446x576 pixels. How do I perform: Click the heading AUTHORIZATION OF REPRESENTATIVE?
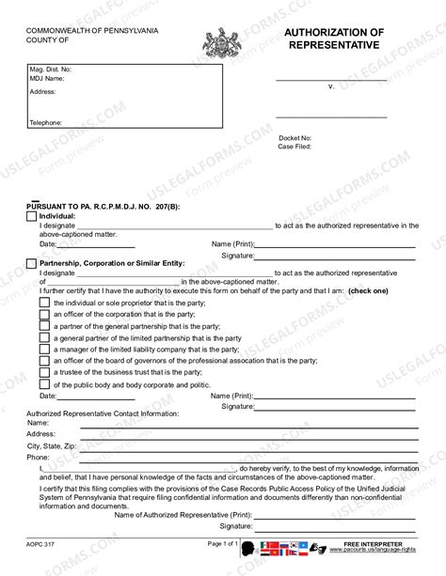[x=334, y=39]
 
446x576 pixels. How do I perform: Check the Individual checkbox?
[x=32, y=216]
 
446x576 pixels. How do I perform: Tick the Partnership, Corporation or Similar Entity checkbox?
[x=32, y=263]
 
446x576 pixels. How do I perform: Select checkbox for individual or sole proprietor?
[x=44, y=304]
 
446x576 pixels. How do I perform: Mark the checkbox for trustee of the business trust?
[x=44, y=372]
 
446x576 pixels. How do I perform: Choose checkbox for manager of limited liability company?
[x=44, y=349]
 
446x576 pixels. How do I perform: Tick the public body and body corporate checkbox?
[x=44, y=384]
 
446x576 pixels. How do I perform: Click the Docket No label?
[x=295, y=138]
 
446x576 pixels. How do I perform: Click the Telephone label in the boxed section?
[x=45, y=123]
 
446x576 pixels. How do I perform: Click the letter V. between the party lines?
[x=331, y=86]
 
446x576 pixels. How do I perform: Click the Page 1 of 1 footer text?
[x=224, y=544]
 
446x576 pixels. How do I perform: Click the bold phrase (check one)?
[x=368, y=291]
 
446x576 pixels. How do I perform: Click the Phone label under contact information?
[x=38, y=457]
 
